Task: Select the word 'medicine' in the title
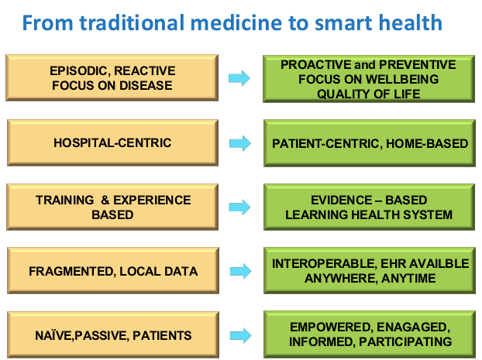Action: pos(236,22)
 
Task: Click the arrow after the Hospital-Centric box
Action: pos(240,143)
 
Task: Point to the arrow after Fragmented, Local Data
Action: pos(240,271)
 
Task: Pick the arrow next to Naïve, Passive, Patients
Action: pos(240,335)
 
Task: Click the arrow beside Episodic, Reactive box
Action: pos(239,78)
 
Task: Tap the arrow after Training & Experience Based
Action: pos(239,207)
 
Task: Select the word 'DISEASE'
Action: pos(146,85)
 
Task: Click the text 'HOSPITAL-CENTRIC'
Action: pos(112,142)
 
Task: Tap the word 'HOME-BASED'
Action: pos(427,143)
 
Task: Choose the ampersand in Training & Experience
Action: pos(105,200)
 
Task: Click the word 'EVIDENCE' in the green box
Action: pos(342,200)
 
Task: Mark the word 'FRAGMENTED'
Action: pos(72,272)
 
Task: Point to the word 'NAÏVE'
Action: pos(53,336)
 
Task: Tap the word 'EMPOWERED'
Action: pos(332,327)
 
